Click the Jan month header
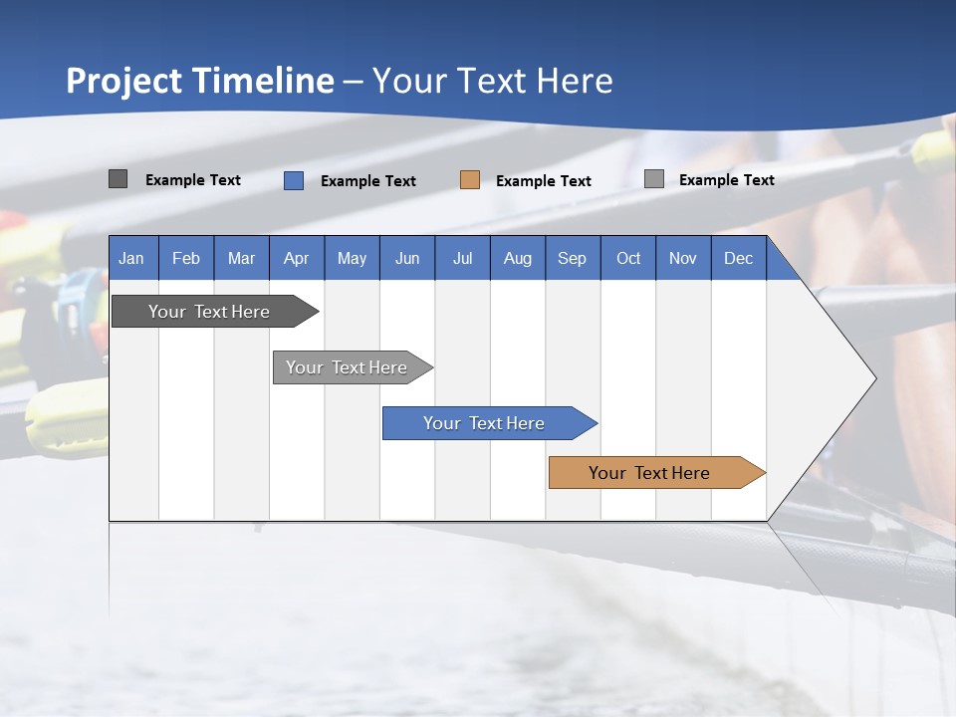coord(131,258)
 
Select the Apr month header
coord(297,258)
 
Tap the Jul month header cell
coord(462,258)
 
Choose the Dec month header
coord(738,258)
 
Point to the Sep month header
coord(572,258)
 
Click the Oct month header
coord(628,258)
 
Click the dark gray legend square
coord(118,179)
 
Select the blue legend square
coord(293,180)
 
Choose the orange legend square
coord(469,180)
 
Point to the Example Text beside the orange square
coord(544,181)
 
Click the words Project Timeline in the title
coord(199,80)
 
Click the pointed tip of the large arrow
coord(873,378)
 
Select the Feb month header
coord(186,258)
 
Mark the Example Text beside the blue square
coord(368,181)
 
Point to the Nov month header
coord(683,258)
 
